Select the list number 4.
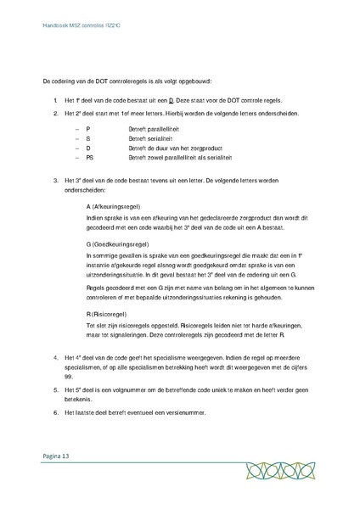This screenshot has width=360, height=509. tap(54, 359)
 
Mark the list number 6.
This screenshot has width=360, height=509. tap(54, 413)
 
